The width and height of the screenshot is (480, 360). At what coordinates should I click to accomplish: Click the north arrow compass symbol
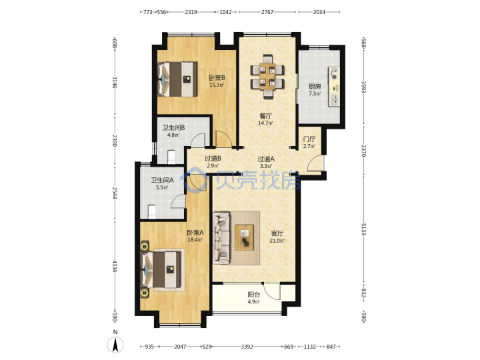coord(115,345)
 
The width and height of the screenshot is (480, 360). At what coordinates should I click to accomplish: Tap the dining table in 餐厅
coord(267,77)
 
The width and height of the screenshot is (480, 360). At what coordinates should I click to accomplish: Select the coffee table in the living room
coord(244,237)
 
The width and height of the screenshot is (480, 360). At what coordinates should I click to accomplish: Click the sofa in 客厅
coord(221,238)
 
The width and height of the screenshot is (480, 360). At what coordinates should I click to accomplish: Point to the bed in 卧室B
coord(177,79)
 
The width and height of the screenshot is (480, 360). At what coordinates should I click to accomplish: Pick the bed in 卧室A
coord(161,269)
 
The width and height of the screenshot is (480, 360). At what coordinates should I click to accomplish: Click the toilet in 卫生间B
coord(171,157)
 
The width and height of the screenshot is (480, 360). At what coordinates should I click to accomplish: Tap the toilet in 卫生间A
coord(152,212)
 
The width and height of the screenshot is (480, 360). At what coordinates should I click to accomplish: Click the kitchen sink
coord(335,99)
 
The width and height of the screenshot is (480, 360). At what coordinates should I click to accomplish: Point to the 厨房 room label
coord(315,87)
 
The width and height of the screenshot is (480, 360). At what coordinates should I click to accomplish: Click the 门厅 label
coord(309,139)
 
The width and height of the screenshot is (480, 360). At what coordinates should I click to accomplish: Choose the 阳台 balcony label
coord(254,295)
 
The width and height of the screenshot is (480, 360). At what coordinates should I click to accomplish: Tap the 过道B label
coord(213,159)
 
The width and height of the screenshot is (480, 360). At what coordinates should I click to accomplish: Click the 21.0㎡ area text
coord(277,241)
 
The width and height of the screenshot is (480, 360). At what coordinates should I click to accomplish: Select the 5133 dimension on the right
coord(363,229)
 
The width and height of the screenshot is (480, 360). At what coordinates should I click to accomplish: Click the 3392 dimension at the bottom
coord(247,347)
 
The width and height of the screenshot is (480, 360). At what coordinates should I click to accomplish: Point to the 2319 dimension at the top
coord(191,12)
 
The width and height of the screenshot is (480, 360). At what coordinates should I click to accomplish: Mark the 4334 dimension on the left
coord(114,266)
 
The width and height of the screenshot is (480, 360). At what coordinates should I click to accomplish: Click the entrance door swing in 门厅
coord(315,163)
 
